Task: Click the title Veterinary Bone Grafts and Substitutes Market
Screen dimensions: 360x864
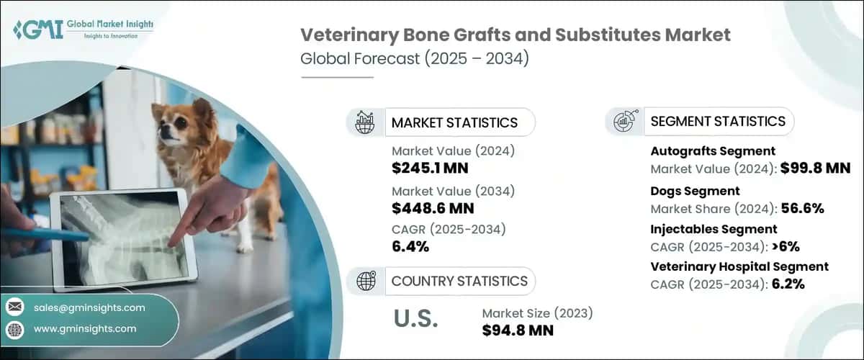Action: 515,35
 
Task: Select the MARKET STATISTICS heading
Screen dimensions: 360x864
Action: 454,122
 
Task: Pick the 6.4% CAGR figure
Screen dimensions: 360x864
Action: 410,247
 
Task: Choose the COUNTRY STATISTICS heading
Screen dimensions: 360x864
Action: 459,281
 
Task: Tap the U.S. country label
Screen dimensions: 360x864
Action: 415,320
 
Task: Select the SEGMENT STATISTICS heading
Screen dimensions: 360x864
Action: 717,121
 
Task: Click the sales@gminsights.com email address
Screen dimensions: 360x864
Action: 89,307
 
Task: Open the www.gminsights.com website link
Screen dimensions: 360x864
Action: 84,329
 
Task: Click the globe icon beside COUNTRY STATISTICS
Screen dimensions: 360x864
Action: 365,281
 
